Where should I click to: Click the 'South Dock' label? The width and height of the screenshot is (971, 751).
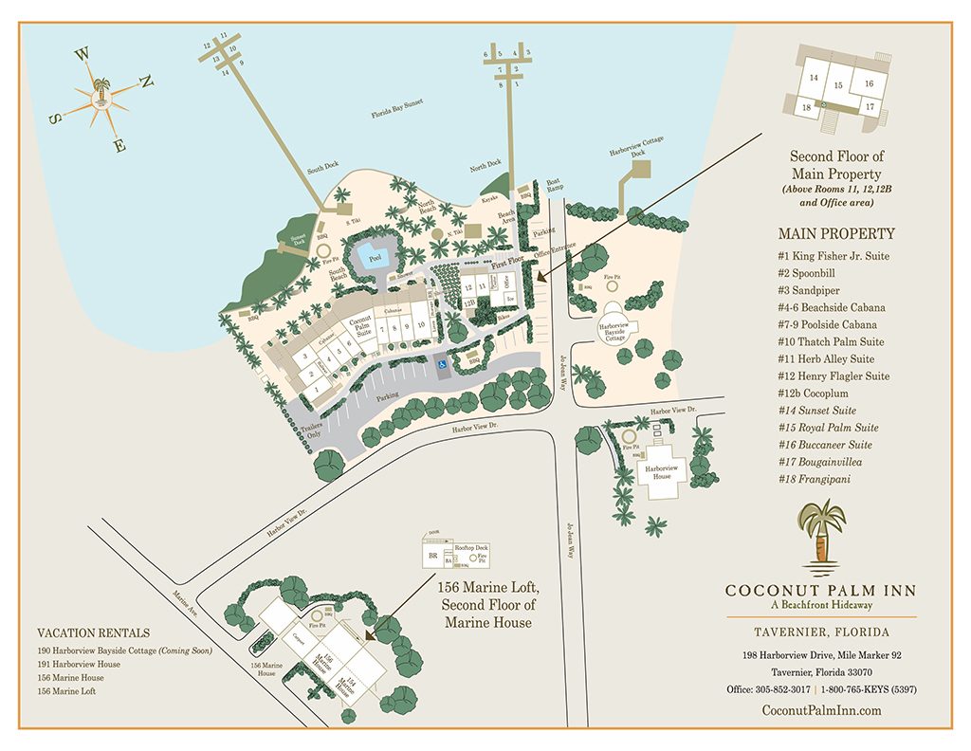click(x=322, y=167)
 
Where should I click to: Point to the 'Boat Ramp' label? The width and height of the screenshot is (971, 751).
click(x=553, y=186)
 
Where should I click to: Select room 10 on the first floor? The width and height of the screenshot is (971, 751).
click(x=419, y=325)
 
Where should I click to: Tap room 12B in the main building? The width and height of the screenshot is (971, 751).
click(x=468, y=302)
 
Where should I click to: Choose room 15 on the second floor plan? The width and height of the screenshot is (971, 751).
click(x=837, y=85)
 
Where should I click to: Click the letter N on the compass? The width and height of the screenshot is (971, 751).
click(x=146, y=82)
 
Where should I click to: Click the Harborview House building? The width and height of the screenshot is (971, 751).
click(x=661, y=470)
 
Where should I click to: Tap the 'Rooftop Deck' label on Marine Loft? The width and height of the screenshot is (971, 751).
click(x=471, y=547)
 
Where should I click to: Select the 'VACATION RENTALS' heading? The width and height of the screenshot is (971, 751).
click(x=93, y=633)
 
